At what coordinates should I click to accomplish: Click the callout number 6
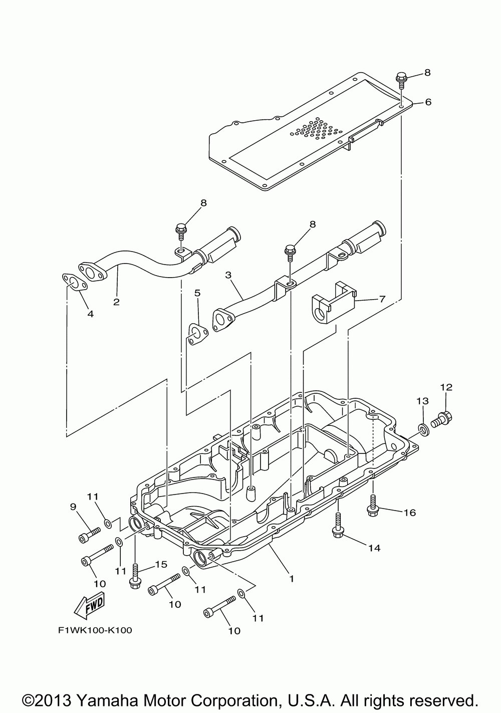click(x=428, y=102)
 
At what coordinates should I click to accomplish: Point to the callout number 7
click(x=382, y=299)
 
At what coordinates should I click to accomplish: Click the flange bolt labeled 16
click(x=372, y=505)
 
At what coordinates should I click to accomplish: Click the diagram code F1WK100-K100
click(x=95, y=630)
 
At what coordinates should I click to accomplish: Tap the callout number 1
click(x=291, y=578)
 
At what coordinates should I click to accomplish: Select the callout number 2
click(x=116, y=302)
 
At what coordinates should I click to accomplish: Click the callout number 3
click(x=228, y=275)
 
